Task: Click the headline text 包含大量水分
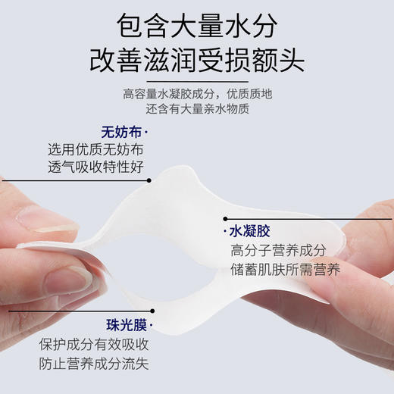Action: pos(197,24)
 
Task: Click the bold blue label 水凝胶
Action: pos(251,230)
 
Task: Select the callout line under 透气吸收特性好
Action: pos(76,180)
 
